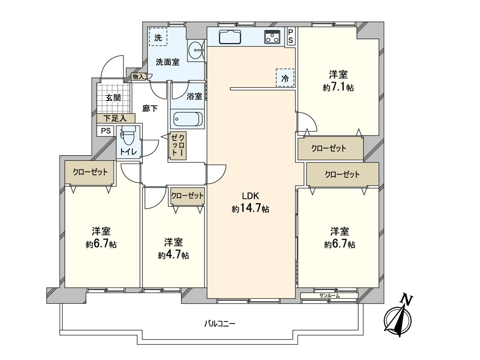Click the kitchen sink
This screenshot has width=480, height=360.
[x=230, y=37]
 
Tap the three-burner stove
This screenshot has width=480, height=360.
[x=272, y=37]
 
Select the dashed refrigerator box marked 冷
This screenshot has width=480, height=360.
[x=285, y=78]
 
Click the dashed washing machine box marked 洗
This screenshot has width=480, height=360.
[x=158, y=37]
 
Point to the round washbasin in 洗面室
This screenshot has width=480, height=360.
[x=196, y=50]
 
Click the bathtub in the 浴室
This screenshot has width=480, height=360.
[x=188, y=119]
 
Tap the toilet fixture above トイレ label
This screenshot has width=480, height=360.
[x=128, y=135]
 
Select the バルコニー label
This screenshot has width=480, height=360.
[x=220, y=324]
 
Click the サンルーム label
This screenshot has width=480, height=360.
[x=330, y=296]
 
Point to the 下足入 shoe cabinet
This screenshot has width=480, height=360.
[x=116, y=118]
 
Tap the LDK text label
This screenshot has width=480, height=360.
[x=250, y=196]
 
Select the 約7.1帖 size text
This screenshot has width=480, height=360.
[x=338, y=88]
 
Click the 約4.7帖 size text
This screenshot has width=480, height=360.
[x=174, y=255]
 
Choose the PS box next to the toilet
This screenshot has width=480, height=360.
[x=106, y=131]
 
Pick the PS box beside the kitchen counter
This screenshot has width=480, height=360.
[x=290, y=36]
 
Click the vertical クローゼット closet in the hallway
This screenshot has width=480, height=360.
[x=178, y=145]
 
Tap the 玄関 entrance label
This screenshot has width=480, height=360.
[x=113, y=98]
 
